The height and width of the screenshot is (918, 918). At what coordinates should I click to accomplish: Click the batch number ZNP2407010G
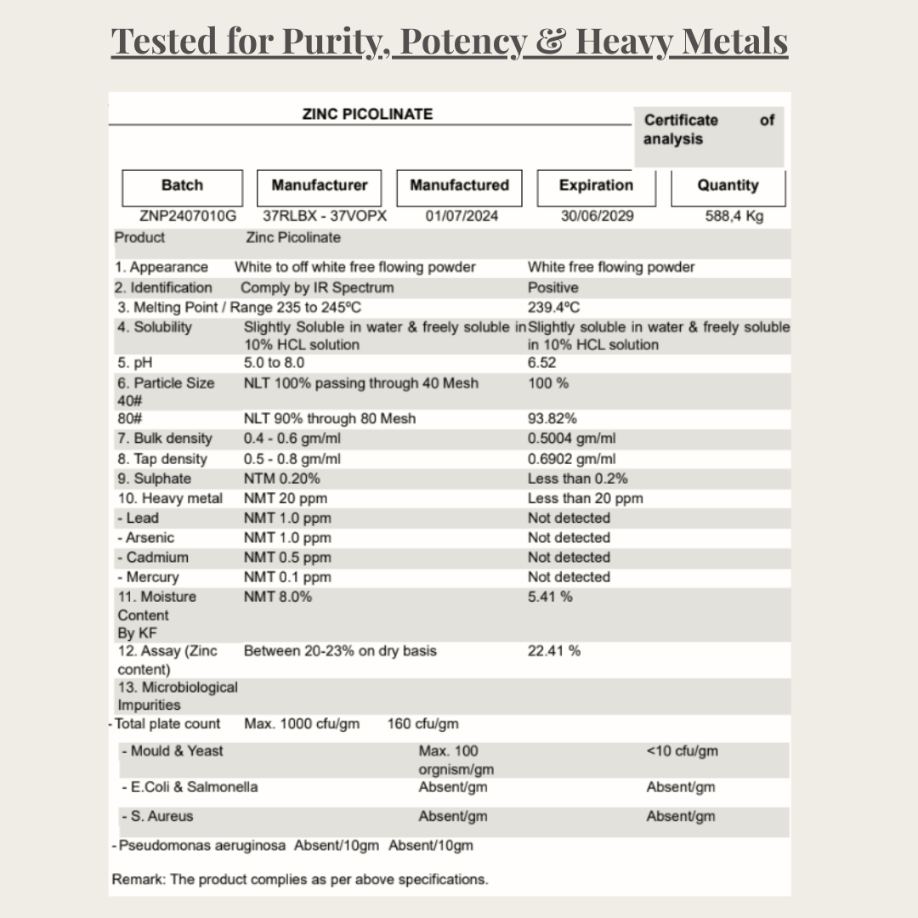pyautogui.click(x=187, y=216)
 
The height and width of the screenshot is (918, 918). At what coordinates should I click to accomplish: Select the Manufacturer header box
pyautogui.click(x=319, y=186)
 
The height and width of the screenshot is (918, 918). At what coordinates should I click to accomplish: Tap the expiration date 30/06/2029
pyautogui.click(x=597, y=216)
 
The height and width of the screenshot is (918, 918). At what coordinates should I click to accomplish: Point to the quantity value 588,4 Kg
pyautogui.click(x=734, y=216)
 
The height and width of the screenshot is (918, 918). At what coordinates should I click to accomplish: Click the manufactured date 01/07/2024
pyautogui.click(x=462, y=216)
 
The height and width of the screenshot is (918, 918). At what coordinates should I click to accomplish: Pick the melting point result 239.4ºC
pyautogui.click(x=553, y=308)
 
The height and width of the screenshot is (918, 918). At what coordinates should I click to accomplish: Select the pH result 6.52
pyautogui.click(x=542, y=363)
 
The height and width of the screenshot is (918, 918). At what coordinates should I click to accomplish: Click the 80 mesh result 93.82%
pyautogui.click(x=552, y=418)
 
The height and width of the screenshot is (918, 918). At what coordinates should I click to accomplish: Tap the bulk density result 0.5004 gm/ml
pyautogui.click(x=571, y=439)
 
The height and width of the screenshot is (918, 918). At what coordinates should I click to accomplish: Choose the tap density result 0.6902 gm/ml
pyautogui.click(x=571, y=459)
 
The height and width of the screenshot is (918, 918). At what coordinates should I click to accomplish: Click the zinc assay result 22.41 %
pyautogui.click(x=554, y=651)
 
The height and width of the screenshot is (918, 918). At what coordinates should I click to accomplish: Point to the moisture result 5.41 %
pyautogui.click(x=550, y=597)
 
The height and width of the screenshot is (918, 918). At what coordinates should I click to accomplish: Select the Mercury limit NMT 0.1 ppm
pyautogui.click(x=287, y=577)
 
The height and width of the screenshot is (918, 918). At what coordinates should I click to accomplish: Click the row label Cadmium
pyautogui.click(x=156, y=558)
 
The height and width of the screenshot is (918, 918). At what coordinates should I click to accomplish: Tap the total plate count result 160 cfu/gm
pyautogui.click(x=422, y=724)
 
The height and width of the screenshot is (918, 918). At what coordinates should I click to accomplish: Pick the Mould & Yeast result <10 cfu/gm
pyautogui.click(x=682, y=751)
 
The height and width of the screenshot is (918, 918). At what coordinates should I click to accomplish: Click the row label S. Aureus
pyautogui.click(x=161, y=816)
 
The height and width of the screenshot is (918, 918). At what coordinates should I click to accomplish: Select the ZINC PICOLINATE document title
pyautogui.click(x=367, y=114)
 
